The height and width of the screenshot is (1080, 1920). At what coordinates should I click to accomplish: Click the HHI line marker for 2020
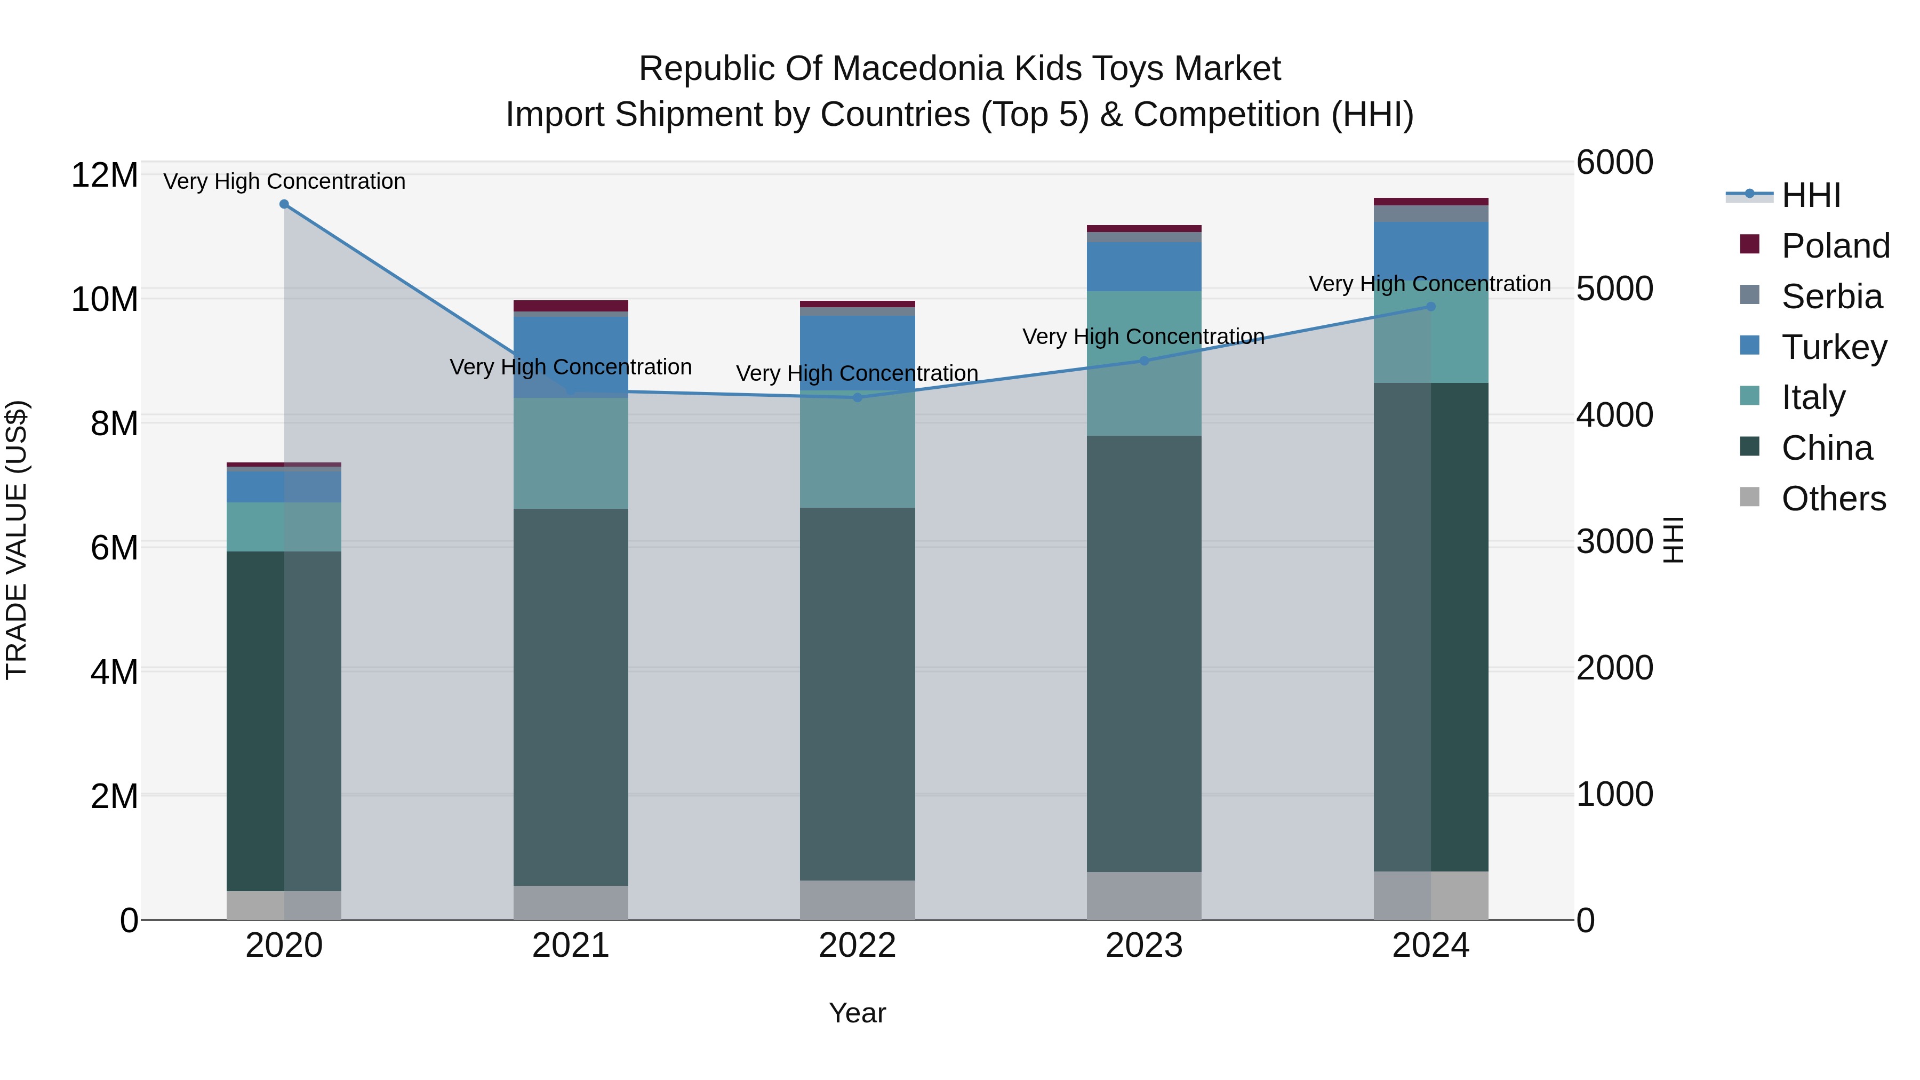point(284,204)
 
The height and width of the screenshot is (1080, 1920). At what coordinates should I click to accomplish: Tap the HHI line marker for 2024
point(1430,306)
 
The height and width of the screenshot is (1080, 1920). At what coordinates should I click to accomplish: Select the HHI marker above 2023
point(1144,361)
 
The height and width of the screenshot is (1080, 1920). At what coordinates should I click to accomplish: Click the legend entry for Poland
point(1835,246)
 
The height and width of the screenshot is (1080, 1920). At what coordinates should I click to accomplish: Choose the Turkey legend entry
point(1834,347)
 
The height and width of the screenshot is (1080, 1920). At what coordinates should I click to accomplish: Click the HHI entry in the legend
point(1811,195)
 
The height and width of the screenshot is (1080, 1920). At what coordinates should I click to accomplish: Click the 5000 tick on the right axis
point(1614,289)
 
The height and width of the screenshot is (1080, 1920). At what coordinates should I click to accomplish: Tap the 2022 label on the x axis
point(857,946)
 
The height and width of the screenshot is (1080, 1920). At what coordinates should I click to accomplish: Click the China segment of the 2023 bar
point(1144,654)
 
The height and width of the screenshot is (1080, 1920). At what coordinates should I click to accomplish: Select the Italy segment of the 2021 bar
point(571,453)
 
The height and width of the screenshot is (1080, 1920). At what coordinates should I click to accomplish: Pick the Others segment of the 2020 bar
point(284,905)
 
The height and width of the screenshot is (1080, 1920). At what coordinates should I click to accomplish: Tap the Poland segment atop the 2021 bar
point(571,306)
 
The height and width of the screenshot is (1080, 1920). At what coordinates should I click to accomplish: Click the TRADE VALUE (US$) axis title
point(17,540)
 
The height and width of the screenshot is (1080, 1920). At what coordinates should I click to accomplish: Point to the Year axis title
point(857,1013)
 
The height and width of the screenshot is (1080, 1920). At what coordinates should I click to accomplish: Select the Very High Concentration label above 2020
point(284,181)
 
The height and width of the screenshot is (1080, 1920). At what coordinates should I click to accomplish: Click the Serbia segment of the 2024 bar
point(1430,214)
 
